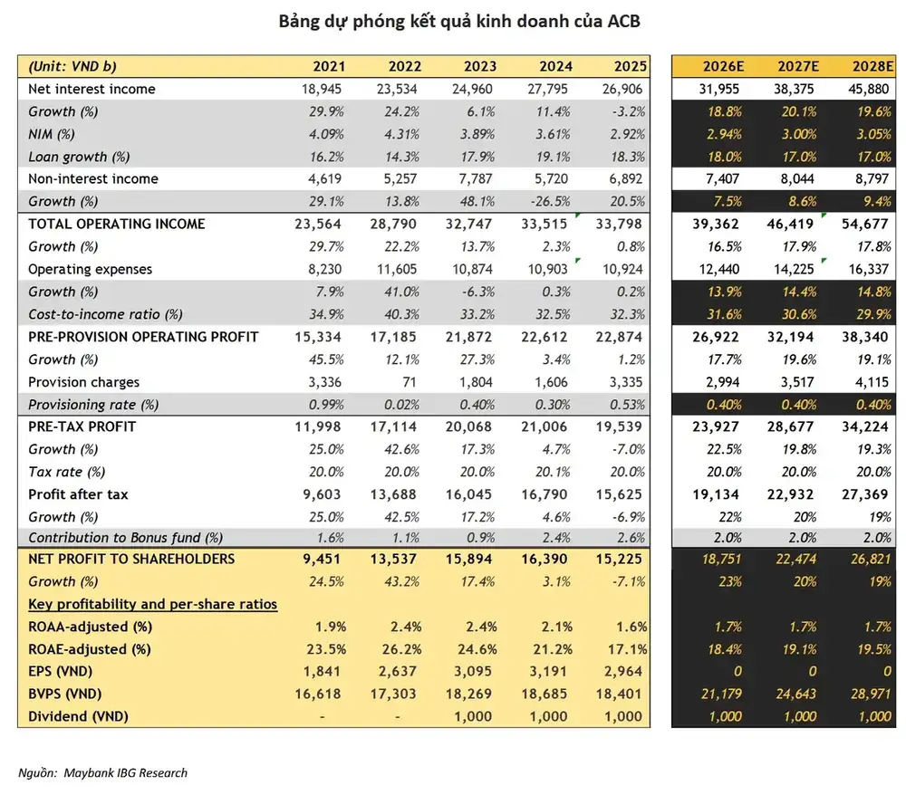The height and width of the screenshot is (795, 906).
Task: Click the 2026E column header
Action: [x=723, y=66]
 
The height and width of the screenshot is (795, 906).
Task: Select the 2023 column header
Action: [x=479, y=66]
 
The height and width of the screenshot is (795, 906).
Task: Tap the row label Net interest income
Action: [x=92, y=89]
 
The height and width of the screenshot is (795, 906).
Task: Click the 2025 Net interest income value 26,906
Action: [x=622, y=89]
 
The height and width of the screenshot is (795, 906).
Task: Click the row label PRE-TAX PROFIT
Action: [x=82, y=426]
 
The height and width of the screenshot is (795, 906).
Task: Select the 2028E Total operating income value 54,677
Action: [x=864, y=224]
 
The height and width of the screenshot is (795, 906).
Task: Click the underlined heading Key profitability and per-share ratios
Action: [x=152, y=604]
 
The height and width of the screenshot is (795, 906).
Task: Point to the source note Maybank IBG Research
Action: [x=125, y=773]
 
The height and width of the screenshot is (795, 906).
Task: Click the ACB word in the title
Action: [x=623, y=22]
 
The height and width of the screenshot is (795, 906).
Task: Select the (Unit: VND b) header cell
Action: [x=72, y=66]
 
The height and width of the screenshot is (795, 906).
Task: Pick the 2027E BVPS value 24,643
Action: [x=795, y=694]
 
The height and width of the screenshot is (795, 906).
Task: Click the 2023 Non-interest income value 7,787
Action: [x=476, y=179]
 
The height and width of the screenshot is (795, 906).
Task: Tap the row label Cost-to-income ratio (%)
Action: [x=105, y=315]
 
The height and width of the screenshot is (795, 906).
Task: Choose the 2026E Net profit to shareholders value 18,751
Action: [x=721, y=559]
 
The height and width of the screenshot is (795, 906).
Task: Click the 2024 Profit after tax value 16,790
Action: [x=545, y=494]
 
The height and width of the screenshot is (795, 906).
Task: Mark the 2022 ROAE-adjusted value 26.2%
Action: [x=401, y=649]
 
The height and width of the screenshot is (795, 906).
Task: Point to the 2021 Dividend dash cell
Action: [x=322, y=716]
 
